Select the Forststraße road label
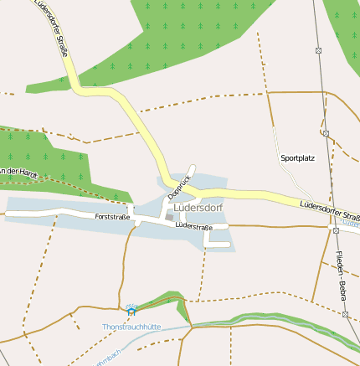(x=112, y=217)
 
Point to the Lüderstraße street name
(x=193, y=226)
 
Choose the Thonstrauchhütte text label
(x=131, y=326)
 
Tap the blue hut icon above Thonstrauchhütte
(x=131, y=312)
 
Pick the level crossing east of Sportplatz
(x=325, y=132)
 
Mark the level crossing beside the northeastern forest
(x=318, y=51)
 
